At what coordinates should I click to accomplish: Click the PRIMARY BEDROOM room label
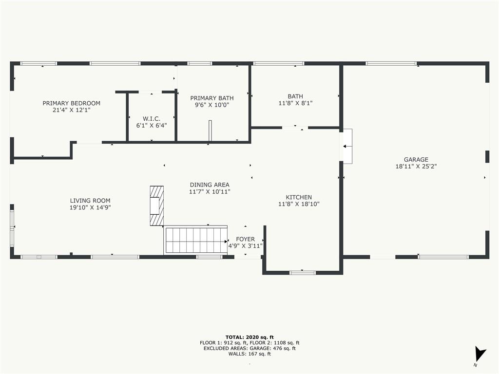(x=71, y=103)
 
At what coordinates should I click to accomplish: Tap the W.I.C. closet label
(x=152, y=119)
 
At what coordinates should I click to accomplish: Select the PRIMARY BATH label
(x=212, y=98)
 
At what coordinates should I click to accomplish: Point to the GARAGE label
(x=416, y=159)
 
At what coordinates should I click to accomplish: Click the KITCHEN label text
(x=299, y=197)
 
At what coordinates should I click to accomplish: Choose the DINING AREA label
(x=210, y=185)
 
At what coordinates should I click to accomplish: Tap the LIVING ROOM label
(x=90, y=201)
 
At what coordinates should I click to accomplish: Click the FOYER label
(x=246, y=239)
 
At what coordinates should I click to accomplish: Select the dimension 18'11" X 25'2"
(x=416, y=167)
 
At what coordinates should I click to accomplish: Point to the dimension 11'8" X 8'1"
(x=295, y=103)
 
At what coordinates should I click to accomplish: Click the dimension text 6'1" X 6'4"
(x=152, y=126)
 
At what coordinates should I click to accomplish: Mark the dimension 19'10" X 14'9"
(x=90, y=207)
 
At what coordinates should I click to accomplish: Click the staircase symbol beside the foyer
(x=195, y=241)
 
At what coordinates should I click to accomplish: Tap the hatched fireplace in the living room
(x=157, y=206)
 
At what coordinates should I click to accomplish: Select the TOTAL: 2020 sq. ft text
(x=249, y=337)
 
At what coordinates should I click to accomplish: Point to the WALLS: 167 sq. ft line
(x=249, y=354)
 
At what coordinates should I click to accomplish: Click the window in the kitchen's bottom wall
(x=302, y=273)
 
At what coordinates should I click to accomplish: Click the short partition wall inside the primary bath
(x=210, y=131)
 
